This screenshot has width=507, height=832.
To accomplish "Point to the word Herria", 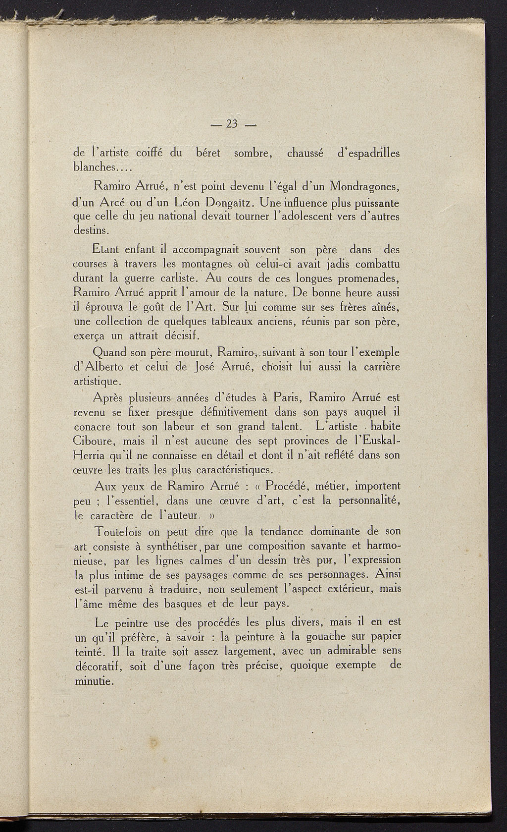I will tap(89, 455).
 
